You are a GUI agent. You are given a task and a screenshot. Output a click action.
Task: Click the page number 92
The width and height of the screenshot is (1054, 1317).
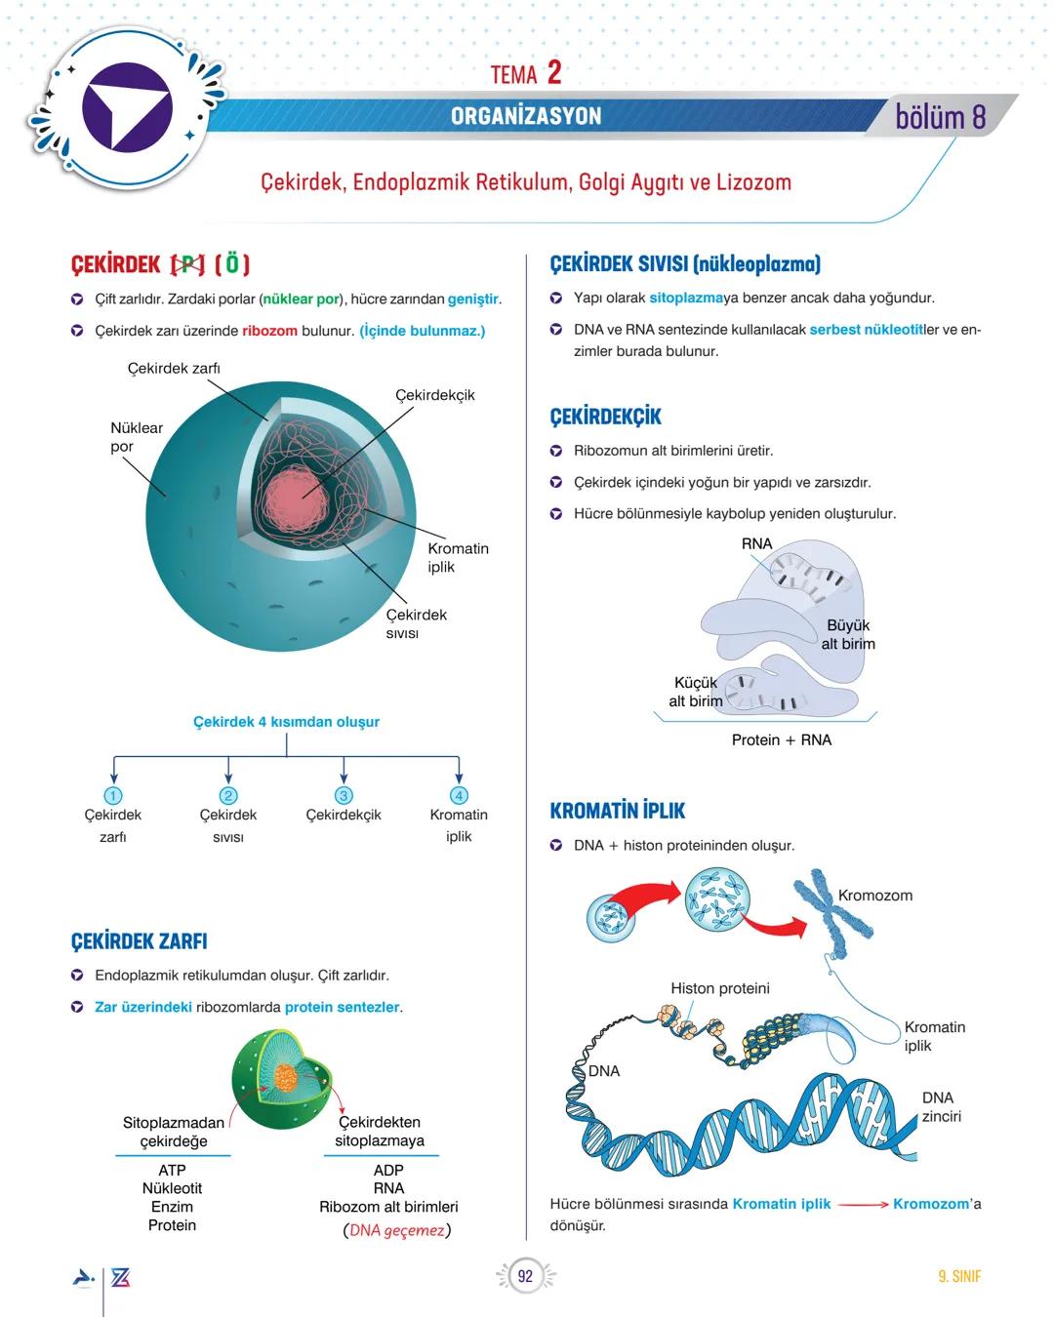(x=525, y=1276)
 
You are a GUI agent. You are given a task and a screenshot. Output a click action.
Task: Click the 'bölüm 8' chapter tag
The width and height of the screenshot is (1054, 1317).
(x=941, y=117)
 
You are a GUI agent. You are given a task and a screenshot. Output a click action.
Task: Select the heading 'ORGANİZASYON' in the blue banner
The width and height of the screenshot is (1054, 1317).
(x=526, y=116)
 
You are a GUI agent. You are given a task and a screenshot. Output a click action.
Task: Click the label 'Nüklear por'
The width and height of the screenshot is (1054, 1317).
(x=136, y=437)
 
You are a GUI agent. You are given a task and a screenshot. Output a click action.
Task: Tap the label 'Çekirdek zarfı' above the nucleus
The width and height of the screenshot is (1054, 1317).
(x=174, y=368)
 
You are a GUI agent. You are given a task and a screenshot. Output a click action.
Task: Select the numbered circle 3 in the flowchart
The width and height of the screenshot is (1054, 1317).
(x=344, y=795)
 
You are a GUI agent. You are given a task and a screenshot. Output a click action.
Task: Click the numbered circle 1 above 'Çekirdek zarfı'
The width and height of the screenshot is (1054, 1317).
(x=113, y=795)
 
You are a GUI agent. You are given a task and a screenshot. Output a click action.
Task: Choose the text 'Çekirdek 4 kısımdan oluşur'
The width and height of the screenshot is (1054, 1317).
(x=286, y=722)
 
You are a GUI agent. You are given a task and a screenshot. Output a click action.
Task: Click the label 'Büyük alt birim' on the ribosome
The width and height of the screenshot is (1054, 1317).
(x=847, y=634)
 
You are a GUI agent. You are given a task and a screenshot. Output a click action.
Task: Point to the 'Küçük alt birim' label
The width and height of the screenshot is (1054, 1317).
(x=695, y=692)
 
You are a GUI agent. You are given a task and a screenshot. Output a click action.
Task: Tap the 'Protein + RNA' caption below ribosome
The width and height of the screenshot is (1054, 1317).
(x=781, y=739)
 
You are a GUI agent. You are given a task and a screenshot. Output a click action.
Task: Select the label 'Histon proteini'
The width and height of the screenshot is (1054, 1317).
(x=719, y=988)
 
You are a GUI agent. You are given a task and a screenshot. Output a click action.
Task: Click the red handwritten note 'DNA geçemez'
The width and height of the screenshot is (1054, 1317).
(x=396, y=1230)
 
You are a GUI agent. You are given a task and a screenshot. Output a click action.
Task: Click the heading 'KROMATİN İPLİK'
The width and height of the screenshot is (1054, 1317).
(x=617, y=811)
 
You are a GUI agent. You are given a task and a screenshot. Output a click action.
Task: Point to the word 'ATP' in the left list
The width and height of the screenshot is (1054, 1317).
(x=172, y=1170)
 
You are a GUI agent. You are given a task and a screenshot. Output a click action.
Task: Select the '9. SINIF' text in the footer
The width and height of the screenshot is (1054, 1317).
(x=958, y=1276)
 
